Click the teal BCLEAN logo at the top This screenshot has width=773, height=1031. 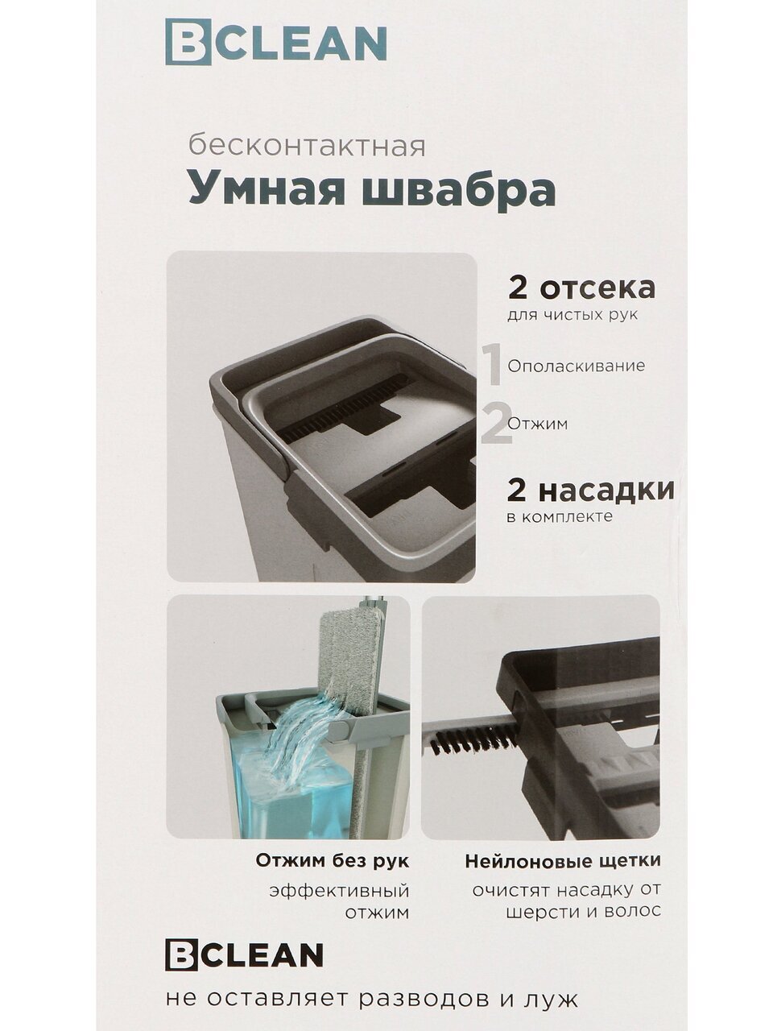(x=276, y=42)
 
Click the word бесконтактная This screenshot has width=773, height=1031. (x=307, y=147)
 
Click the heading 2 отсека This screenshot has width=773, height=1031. (x=581, y=288)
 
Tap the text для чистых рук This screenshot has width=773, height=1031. (x=573, y=315)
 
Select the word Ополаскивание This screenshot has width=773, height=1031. (x=577, y=366)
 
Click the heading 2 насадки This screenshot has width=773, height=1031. (x=590, y=490)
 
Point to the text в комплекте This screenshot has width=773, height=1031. (x=560, y=516)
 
